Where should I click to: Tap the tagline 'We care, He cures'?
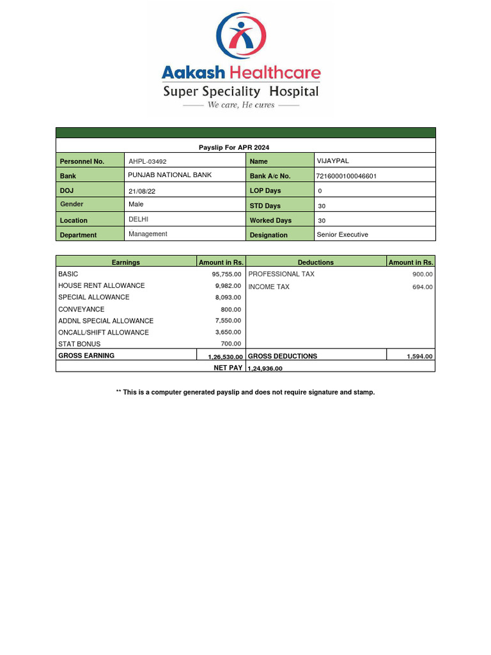point(241,105)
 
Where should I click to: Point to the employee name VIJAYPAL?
point(333,161)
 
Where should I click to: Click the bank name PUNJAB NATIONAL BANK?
point(170,175)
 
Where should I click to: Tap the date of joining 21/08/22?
point(142,191)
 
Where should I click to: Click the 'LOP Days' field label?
point(265,191)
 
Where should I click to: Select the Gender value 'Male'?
point(136,205)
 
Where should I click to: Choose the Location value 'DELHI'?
point(139,219)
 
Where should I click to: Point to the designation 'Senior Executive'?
point(343,235)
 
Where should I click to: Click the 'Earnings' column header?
point(126,262)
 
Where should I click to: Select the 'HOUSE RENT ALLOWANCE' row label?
point(102,286)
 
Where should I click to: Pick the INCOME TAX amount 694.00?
point(422,287)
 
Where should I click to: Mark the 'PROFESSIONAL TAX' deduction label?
point(281,274)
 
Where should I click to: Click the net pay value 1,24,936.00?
point(265,368)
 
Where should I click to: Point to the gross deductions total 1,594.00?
point(419,357)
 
